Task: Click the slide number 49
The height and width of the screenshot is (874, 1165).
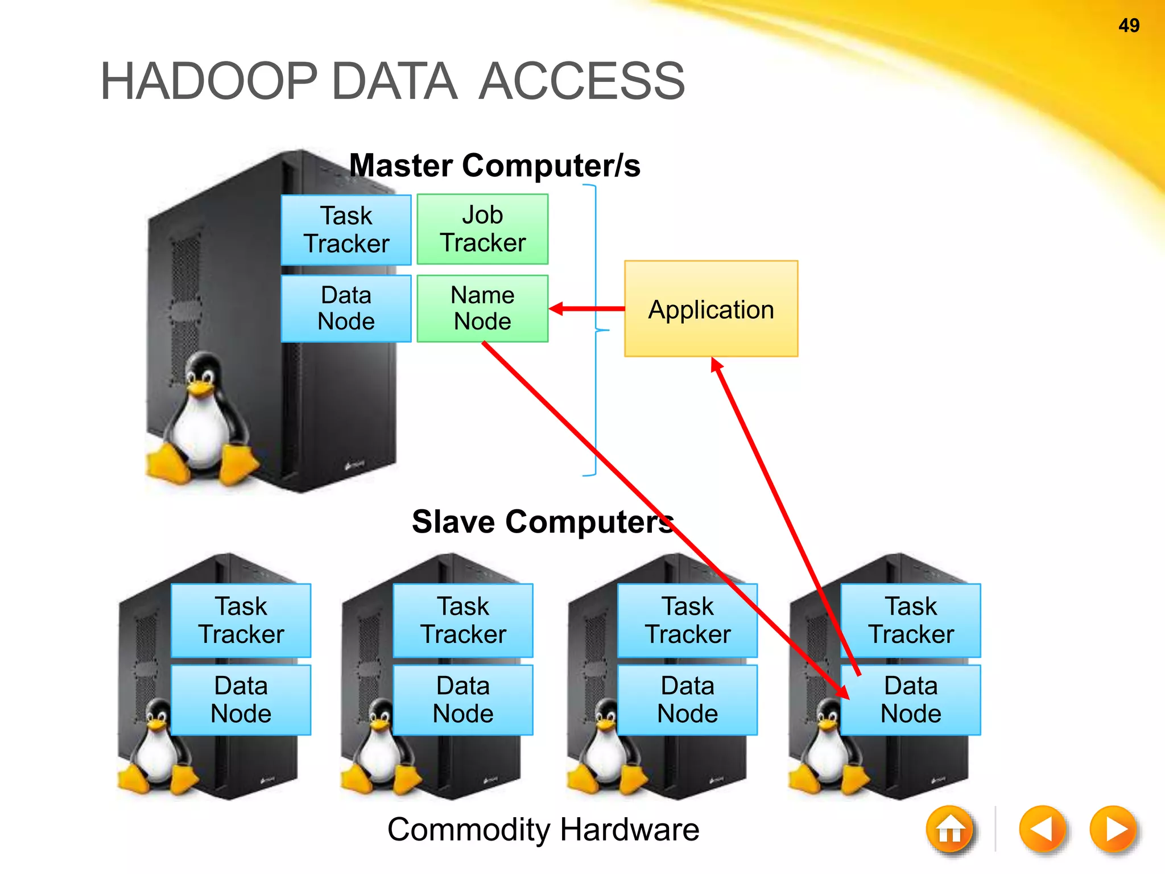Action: [1129, 26]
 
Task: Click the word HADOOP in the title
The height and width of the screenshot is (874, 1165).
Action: [208, 81]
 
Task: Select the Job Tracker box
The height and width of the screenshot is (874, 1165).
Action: [482, 229]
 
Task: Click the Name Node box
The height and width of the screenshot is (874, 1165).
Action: [482, 308]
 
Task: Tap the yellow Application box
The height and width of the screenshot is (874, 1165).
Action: [711, 309]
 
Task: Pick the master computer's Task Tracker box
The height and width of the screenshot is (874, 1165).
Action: [346, 230]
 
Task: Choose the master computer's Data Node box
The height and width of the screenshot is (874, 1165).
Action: [346, 308]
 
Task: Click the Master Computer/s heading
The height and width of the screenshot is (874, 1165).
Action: [494, 166]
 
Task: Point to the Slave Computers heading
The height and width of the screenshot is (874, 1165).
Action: [542, 522]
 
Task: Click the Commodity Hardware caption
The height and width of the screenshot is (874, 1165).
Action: [543, 829]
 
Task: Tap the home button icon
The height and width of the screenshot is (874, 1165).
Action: [949, 830]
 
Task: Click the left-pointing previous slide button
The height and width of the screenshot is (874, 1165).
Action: [1043, 829]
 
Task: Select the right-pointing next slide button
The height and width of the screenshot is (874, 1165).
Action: [1114, 829]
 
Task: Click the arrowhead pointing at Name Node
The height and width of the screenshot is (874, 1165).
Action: [557, 308]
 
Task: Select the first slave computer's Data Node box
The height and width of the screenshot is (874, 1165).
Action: [241, 700]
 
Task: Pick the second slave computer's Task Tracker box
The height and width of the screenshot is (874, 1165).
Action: [463, 620]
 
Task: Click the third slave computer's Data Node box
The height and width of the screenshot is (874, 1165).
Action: [687, 700]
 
